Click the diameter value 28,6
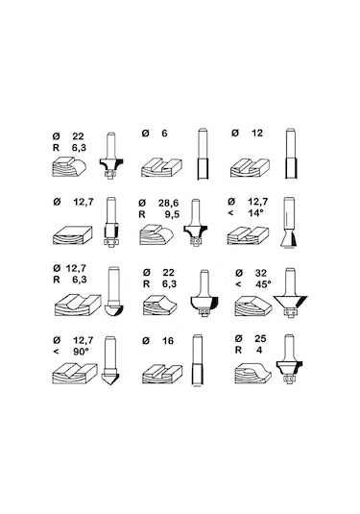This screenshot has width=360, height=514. (x=168, y=204)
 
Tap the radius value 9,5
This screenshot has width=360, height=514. (x=172, y=214)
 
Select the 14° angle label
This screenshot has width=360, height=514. (x=255, y=212)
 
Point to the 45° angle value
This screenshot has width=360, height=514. (x=263, y=283)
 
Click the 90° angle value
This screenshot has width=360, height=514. (x=81, y=352)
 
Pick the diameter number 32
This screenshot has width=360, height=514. (x=261, y=273)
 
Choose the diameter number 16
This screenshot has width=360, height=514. (x=168, y=341)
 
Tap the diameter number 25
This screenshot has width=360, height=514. (x=260, y=338)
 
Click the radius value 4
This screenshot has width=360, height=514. (x=259, y=350)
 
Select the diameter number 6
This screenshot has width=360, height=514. (x=164, y=134)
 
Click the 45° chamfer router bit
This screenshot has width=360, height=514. (x=290, y=293)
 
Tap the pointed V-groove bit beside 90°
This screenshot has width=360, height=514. (x=110, y=361)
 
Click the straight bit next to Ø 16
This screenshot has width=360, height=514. (x=197, y=359)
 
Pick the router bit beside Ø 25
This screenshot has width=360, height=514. (x=289, y=358)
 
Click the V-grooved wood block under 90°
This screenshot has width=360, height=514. (x=75, y=374)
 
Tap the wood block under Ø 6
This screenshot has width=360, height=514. (x=161, y=168)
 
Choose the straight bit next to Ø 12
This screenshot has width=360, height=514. (x=291, y=154)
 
